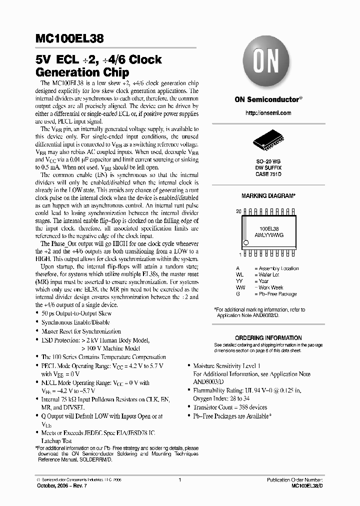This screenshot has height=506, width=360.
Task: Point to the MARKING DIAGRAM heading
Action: point(268,196)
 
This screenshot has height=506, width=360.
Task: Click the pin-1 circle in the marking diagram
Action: point(245,243)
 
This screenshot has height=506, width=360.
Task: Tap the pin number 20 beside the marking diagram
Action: point(238,211)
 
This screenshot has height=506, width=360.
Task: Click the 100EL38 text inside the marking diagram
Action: point(268,227)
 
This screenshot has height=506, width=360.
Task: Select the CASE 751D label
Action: point(268,174)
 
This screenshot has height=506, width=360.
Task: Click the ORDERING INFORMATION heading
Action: point(268,338)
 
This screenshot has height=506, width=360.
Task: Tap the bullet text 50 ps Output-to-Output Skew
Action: point(75,313)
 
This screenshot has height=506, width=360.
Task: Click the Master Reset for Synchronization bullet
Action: point(81,331)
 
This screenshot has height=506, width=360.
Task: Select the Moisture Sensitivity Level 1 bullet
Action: point(226,366)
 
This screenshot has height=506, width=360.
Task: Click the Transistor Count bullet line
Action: point(230,407)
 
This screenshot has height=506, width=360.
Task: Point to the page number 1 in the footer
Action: point(179,479)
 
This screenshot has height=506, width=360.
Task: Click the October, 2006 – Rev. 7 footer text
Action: point(58,486)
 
